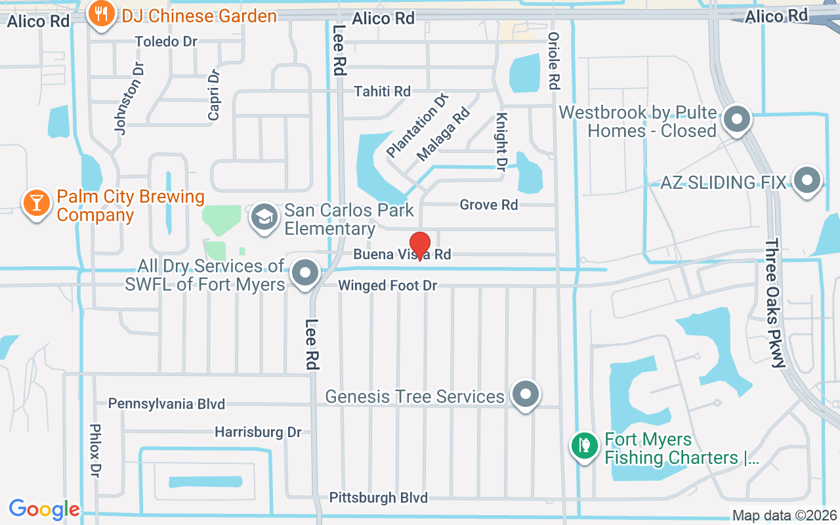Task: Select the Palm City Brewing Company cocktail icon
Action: [x=36, y=203]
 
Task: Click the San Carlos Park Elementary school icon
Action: [x=265, y=217]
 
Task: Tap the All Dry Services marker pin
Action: [x=305, y=273]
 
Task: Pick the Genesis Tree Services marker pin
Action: [x=525, y=394]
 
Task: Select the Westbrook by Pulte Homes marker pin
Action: [x=736, y=120]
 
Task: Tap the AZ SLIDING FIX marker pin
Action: [x=807, y=180]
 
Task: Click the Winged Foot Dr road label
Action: [x=387, y=286]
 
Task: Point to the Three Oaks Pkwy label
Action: [x=775, y=303]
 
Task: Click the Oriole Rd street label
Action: [x=554, y=61]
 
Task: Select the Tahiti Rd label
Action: [x=382, y=91]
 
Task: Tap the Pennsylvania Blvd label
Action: [x=167, y=404]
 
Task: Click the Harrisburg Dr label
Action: [x=258, y=432]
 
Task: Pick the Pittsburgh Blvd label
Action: [x=379, y=497]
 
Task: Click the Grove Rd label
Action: [x=489, y=205]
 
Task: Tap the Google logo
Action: [x=44, y=509]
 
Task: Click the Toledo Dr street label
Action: [x=166, y=41]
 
